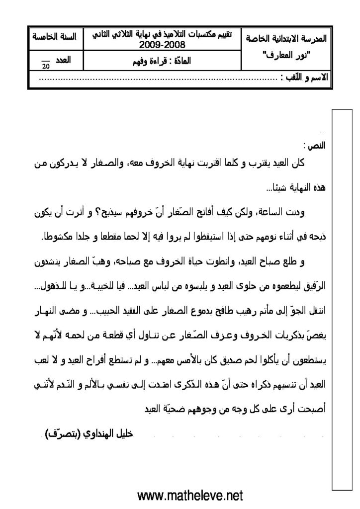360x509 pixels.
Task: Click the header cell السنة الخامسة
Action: (x=54, y=37)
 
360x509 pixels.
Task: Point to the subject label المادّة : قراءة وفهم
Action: (x=163, y=63)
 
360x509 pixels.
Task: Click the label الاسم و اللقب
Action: (x=303, y=79)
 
